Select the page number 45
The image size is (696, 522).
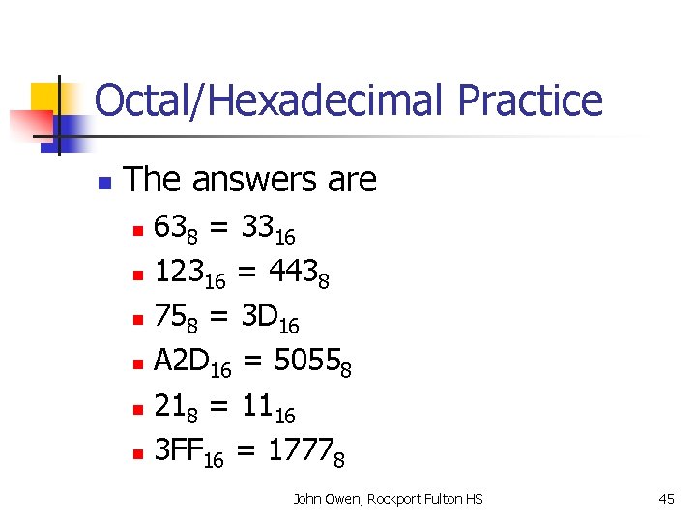(666, 499)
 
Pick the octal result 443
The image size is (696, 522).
(293, 275)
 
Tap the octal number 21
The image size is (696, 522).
(171, 409)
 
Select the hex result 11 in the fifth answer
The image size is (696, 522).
(256, 409)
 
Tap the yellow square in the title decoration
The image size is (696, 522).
(45, 98)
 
